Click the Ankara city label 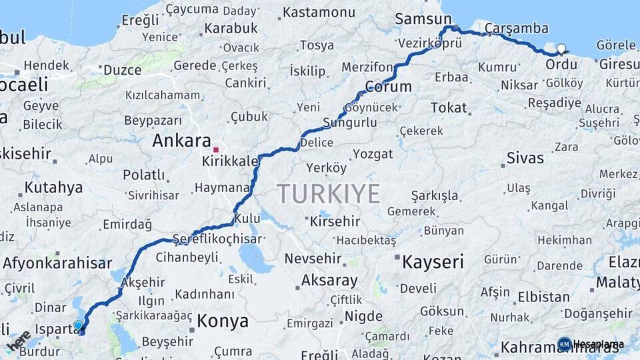(x=181, y=141)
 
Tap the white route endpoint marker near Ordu (x=561, y=49)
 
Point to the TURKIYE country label (x=329, y=193)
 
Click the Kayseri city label (x=433, y=262)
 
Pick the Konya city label (x=222, y=321)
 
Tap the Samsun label (x=423, y=19)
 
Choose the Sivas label (x=525, y=159)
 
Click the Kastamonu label (x=319, y=12)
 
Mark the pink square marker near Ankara (x=215, y=149)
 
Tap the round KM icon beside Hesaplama (x=564, y=344)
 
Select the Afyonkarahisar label (x=57, y=263)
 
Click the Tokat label (x=449, y=107)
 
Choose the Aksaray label (x=329, y=280)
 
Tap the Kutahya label (x=53, y=187)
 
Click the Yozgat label (x=373, y=154)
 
